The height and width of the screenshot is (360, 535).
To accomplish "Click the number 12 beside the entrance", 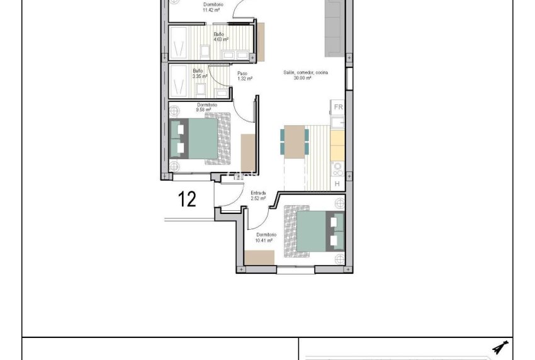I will (188, 200).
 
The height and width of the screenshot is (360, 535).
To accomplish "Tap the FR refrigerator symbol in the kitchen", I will (338, 107).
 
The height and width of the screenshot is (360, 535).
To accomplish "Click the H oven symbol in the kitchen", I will (337, 184).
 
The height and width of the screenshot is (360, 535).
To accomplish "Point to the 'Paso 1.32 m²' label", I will (244, 76).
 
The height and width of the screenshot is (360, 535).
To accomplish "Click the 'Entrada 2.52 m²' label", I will (258, 195).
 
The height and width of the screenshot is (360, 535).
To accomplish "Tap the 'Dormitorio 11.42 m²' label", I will (213, 7).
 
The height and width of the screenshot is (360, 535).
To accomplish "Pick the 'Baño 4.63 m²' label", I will (220, 37).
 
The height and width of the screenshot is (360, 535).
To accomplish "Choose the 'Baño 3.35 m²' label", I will (198, 74).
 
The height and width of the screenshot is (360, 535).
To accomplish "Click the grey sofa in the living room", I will (334, 28).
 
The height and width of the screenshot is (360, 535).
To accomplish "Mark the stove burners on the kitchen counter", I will (338, 168).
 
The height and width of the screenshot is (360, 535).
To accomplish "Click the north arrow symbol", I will (502, 347).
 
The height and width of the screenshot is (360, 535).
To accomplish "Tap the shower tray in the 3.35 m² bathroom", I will (179, 79).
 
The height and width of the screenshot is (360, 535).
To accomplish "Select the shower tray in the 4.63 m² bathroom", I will (179, 42).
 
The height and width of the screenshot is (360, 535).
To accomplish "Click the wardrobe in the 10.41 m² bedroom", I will (259, 257).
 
